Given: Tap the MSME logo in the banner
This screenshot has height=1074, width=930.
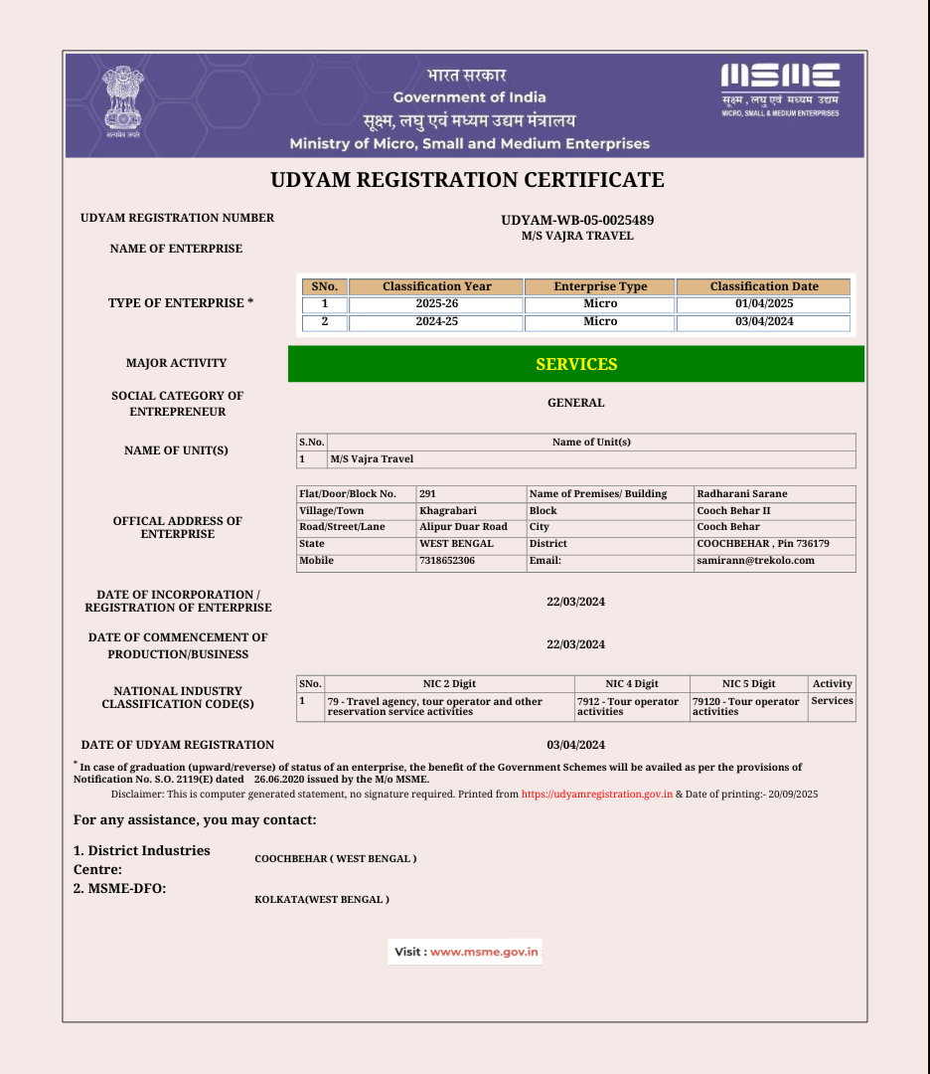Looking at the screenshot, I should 780,89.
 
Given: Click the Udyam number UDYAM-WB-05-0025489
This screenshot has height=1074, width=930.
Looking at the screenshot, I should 577,220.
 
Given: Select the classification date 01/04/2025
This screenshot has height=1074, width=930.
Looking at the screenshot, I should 763,303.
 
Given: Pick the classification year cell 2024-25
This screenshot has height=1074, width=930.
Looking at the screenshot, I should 436,322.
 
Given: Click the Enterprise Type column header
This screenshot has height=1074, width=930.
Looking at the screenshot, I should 600,286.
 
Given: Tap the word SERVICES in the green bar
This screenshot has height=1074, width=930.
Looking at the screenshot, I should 576,364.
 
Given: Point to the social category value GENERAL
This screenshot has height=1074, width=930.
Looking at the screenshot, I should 576,403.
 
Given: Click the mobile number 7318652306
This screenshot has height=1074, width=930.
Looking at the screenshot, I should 447,560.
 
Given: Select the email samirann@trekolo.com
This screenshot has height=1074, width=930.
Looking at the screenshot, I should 755,560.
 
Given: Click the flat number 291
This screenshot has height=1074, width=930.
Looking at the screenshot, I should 428,493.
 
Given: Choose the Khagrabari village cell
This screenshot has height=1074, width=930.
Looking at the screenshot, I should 448,510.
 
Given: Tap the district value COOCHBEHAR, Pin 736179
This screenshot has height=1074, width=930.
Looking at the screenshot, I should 763,544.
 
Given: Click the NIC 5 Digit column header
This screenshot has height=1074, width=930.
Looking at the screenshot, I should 748,683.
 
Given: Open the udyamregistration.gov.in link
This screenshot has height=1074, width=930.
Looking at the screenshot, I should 597,795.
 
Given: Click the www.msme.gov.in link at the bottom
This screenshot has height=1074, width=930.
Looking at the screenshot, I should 484,952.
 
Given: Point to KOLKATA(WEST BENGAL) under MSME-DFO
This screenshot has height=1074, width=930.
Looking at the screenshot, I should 322,899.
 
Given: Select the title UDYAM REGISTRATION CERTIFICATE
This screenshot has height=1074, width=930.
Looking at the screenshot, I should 467,180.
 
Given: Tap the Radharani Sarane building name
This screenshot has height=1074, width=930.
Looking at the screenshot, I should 741,493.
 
